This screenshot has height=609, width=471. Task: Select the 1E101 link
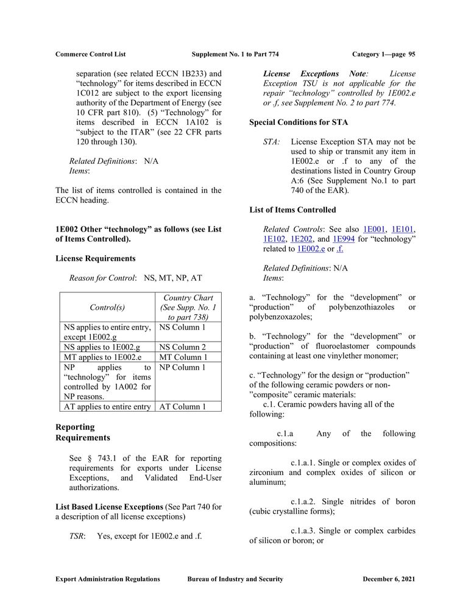coord(402,229)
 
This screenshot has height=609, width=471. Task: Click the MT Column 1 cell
coord(183,357)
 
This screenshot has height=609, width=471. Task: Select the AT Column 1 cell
coord(183,406)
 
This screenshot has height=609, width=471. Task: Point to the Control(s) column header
coord(107,308)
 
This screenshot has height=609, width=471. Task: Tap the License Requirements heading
coord(95,258)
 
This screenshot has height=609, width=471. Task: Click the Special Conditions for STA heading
coord(299,122)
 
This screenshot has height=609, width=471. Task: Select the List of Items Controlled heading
coord(292,210)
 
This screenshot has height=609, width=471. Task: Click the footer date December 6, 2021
coord(389,579)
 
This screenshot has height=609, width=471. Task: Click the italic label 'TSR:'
coord(77,537)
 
